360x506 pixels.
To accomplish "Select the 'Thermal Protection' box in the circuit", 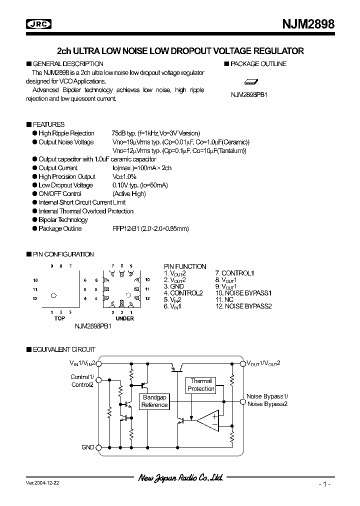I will (x=200, y=385).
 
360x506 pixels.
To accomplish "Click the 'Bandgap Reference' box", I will (x=154, y=401).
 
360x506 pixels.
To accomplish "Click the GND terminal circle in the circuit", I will (x=99, y=447).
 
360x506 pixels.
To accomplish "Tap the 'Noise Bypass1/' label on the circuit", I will (x=267, y=396).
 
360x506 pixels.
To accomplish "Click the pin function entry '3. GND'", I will (x=174, y=286).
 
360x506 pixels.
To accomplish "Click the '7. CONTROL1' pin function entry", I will (x=234, y=273).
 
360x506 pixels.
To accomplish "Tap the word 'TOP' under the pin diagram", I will (x=59, y=318).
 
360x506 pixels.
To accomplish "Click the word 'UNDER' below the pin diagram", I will (x=124, y=318).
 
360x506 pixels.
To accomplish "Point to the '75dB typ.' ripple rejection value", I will (x=125, y=133).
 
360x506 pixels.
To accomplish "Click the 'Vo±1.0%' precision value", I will (x=124, y=176).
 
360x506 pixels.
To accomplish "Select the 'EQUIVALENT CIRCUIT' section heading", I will (x=63, y=349).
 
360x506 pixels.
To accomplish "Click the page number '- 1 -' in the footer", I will (x=324, y=484).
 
